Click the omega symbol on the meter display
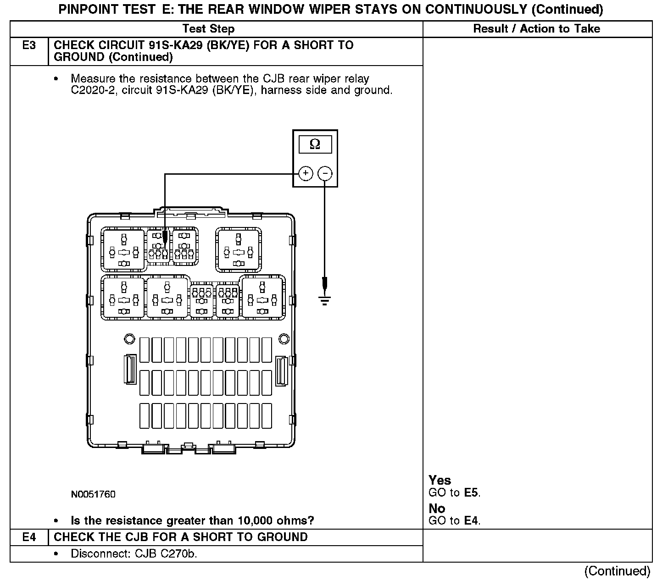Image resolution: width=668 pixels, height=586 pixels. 315,144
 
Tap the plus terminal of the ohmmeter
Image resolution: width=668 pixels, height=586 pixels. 306,173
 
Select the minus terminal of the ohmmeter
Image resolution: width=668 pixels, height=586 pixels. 325,173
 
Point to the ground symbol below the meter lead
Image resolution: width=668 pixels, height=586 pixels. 325,300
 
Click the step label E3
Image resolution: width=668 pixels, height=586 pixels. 29,45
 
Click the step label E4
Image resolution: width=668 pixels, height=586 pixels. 29,537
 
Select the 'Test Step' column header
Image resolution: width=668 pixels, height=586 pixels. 208,29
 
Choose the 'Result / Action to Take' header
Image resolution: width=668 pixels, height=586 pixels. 536,29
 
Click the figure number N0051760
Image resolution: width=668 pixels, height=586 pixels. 93,494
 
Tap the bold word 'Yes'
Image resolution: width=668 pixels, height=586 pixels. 440,480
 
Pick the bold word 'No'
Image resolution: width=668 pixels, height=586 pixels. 437,508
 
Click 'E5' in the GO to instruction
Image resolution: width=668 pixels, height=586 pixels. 472,493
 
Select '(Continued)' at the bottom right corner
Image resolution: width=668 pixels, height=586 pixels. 617,571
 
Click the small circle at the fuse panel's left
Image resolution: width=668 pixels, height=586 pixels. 129,339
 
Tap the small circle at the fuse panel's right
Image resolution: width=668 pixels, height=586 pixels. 284,339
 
